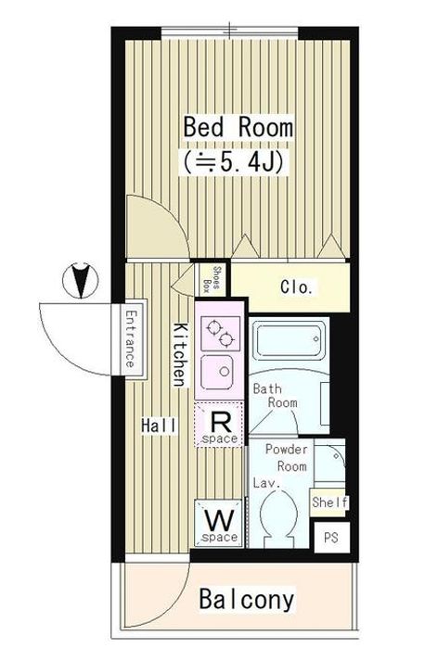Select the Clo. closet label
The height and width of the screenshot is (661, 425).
click(297, 286)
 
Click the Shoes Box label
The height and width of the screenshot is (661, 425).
click(212, 278)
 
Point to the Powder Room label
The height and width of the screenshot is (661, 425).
click(287, 458)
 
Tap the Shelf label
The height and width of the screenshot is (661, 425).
click(330, 502)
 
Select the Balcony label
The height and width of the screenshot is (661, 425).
click(247, 599)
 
